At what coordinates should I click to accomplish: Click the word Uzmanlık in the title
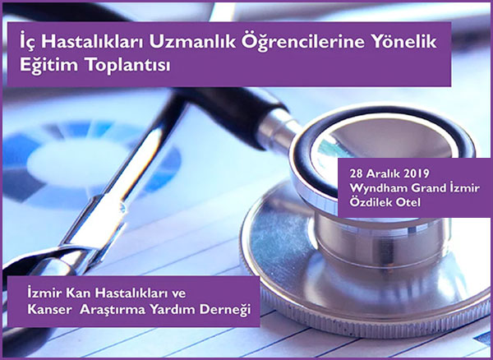(x=192, y=43)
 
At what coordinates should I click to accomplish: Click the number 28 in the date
(x=356, y=173)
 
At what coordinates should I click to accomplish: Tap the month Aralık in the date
(x=382, y=173)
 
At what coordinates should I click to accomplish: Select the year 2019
(x=415, y=173)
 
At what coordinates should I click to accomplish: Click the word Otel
(x=408, y=203)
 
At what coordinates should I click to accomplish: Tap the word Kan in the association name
(x=77, y=293)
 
